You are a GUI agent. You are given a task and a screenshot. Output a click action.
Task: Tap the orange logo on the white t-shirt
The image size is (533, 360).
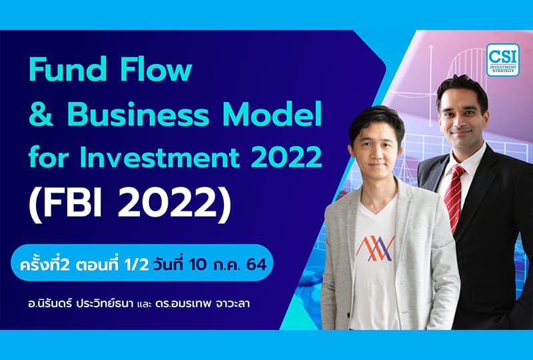click(375, 249)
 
